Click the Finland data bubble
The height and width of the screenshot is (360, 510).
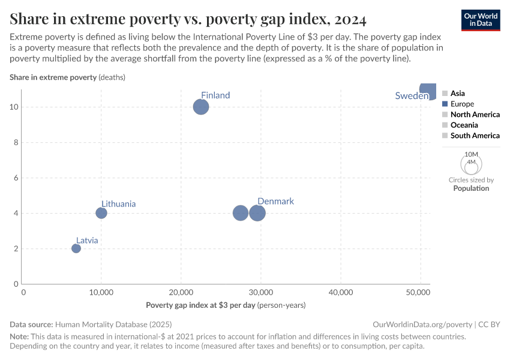[201, 107]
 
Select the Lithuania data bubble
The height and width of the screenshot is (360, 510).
[101, 213]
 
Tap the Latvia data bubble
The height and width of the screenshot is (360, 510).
[76, 248]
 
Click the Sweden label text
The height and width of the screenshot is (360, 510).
[412, 96]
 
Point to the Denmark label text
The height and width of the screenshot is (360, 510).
[275, 202]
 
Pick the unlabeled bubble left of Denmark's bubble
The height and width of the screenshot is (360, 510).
[240, 213]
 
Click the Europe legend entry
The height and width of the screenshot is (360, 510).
[462, 104]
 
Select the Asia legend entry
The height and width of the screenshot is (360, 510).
[457, 94]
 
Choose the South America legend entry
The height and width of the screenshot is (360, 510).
[475, 136]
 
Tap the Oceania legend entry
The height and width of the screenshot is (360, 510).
[464, 125]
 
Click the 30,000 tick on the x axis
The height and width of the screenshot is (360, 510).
[261, 292]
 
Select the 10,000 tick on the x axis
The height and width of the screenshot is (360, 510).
[101, 292]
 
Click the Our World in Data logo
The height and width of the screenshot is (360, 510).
[481, 19]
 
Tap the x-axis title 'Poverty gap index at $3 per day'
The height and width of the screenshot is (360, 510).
[201, 305]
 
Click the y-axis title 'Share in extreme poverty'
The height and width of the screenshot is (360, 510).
[53, 77]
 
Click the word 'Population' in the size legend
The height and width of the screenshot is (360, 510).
[471, 188]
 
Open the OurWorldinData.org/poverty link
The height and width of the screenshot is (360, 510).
[422, 324]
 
